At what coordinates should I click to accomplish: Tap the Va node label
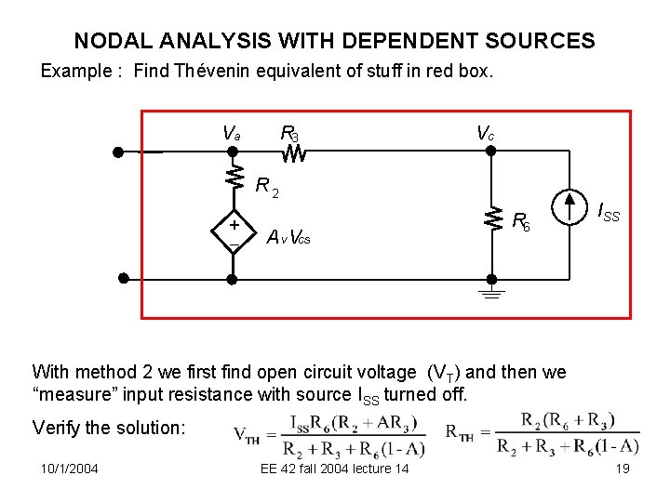point(231,134)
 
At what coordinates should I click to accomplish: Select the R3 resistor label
point(289,134)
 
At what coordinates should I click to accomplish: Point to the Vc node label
point(485,134)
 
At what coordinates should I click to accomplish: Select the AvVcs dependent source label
point(288,237)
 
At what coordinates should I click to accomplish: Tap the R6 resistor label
point(521,221)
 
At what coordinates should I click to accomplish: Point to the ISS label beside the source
point(608,215)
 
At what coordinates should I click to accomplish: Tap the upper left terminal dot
point(119,152)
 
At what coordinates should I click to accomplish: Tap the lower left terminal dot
point(121,278)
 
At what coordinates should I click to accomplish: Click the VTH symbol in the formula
point(247,435)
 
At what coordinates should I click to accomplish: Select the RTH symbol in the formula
point(462,433)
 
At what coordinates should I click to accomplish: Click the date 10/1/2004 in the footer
point(70,469)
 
